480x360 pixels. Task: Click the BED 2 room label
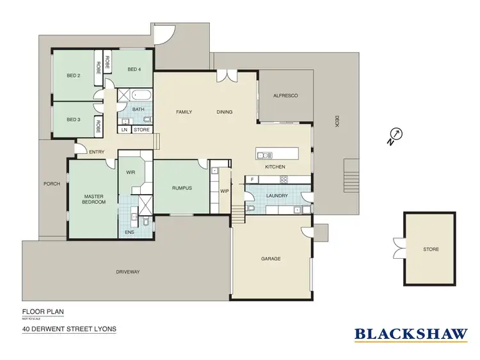pyautogui.click(x=74, y=76)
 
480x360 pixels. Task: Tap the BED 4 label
pyautogui.click(x=134, y=69)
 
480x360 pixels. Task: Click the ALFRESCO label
pyautogui.click(x=285, y=95)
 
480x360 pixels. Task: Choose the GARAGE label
pyautogui.click(x=271, y=259)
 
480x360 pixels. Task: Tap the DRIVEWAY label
pyautogui.click(x=128, y=272)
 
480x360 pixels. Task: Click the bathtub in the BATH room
pyautogui.click(x=140, y=95)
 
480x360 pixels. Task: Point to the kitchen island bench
pyautogui.click(x=276, y=154)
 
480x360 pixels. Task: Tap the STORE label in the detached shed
pyautogui.click(x=431, y=249)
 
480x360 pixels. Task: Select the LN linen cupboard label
pyautogui.click(x=124, y=130)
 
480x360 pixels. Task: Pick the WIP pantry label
pyautogui.click(x=225, y=190)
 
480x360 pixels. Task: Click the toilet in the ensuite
pyautogui.click(x=147, y=223)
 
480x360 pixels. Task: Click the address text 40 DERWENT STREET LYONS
pyautogui.click(x=69, y=331)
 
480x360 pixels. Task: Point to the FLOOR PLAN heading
pyautogui.click(x=44, y=313)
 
